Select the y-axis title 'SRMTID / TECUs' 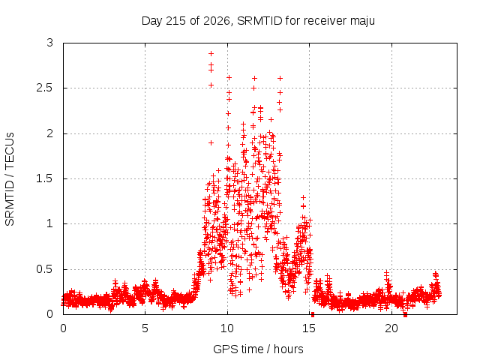coord(10,179)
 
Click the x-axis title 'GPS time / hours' coord(258,349)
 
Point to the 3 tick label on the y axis coord(50,43)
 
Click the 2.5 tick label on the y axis coord(45,88)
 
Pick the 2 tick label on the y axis coord(50,133)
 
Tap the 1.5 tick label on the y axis coord(45,178)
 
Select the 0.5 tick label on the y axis coord(45,269)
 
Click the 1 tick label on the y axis coord(50,223)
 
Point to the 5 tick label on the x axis coord(145,328)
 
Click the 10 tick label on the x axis coord(227,328)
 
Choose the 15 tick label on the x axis coord(309,328)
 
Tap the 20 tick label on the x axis coord(391,328)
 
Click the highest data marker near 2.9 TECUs coord(211,53)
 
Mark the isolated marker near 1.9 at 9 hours coord(211,142)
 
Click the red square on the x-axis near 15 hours coord(313,314)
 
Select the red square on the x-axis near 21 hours coord(405,314)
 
